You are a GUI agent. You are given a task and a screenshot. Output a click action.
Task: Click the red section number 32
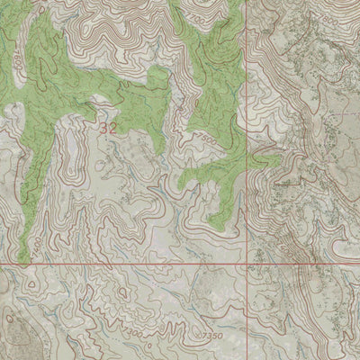[109, 128]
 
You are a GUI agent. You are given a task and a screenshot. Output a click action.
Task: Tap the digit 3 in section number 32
[104, 128]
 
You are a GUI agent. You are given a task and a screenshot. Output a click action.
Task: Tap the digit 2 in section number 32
[113, 128]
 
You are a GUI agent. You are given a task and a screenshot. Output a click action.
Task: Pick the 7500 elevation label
[204, 140]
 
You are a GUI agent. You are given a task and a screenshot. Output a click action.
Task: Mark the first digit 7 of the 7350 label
[204, 335]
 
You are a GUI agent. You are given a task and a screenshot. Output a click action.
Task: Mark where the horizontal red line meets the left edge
[1, 265]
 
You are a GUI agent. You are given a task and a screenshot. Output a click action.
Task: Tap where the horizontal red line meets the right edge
[358, 265]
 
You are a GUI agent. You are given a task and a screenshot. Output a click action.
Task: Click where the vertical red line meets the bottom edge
[248, 358]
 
